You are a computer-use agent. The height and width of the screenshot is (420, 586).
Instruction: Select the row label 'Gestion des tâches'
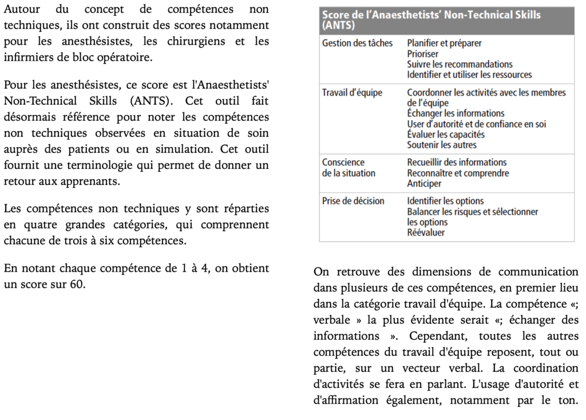[357, 44]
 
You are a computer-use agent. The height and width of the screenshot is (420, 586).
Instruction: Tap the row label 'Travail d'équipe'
[352, 93]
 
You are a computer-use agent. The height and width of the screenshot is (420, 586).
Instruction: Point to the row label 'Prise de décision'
[353, 201]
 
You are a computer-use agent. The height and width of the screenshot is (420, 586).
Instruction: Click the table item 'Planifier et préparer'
[444, 44]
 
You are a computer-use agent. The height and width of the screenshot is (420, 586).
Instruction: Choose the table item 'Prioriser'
[422, 54]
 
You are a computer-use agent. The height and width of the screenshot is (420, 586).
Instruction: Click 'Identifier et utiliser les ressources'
[469, 74]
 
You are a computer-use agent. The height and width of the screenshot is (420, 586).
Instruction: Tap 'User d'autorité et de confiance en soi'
[476, 124]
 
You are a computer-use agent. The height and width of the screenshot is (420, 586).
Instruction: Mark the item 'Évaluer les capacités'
[446, 135]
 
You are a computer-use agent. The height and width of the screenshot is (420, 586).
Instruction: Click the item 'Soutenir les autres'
[441, 145]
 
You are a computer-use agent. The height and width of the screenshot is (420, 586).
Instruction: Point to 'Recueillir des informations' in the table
[457, 163]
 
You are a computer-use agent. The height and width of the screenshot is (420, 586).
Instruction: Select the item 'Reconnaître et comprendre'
[458, 173]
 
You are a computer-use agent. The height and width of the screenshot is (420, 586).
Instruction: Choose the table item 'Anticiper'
[424, 184]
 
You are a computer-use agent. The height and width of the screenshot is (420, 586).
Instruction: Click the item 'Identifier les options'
[445, 201]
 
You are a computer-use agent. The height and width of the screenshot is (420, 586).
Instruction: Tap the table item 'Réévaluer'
[426, 233]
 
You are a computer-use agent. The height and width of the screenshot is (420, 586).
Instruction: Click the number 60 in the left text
[78, 284]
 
